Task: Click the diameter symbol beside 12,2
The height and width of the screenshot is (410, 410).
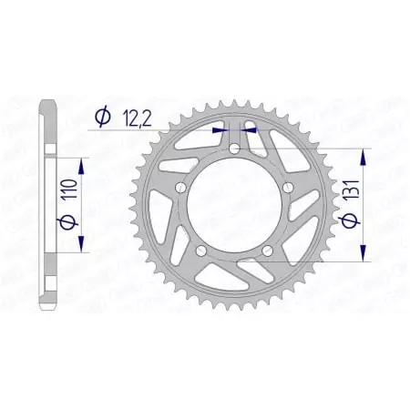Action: [101, 116]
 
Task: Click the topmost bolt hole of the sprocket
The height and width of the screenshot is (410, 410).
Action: [234, 149]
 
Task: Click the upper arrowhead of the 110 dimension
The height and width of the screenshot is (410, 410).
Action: [83, 163]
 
